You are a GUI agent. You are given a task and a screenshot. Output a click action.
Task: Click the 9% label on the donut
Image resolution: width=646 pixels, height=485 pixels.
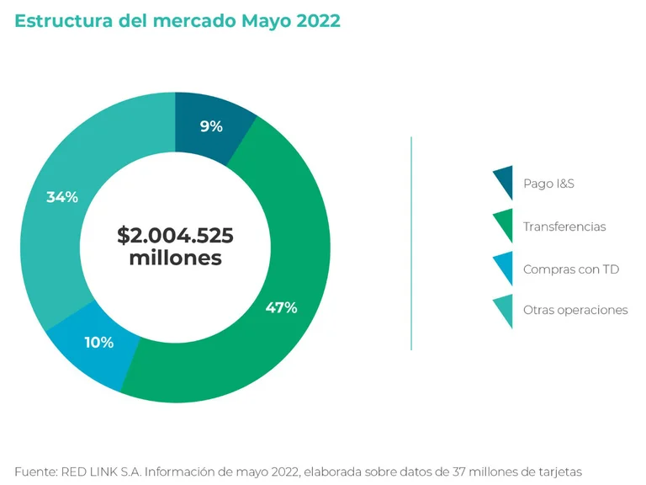pos(211,126)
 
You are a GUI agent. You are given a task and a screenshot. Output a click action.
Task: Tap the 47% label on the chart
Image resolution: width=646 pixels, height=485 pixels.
pos(281,307)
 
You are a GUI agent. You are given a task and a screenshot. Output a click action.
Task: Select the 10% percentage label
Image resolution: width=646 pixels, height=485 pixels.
pos(98,343)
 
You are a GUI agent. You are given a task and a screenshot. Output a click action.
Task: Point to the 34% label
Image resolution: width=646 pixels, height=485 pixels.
pos(62,197)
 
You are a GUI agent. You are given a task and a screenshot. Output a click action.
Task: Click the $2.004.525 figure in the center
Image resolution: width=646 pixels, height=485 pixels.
pos(175,236)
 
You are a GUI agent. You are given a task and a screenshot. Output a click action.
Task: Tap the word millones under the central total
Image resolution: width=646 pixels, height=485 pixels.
pos(175,258)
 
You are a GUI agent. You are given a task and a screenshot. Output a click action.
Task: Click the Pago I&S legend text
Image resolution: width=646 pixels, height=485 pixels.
pos(548,183)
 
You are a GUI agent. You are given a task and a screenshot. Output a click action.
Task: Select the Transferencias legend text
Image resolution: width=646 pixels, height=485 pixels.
pos(564,227)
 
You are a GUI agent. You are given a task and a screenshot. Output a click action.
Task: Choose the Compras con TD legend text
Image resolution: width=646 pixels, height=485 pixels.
pos(571,269)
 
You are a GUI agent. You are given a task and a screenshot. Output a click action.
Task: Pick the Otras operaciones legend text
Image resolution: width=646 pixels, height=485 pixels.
pos(575,310)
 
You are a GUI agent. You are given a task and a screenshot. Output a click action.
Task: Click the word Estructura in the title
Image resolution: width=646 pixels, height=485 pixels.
pos(61,21)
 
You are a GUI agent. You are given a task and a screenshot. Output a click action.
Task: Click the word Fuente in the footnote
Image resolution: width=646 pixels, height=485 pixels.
pos(35,472)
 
